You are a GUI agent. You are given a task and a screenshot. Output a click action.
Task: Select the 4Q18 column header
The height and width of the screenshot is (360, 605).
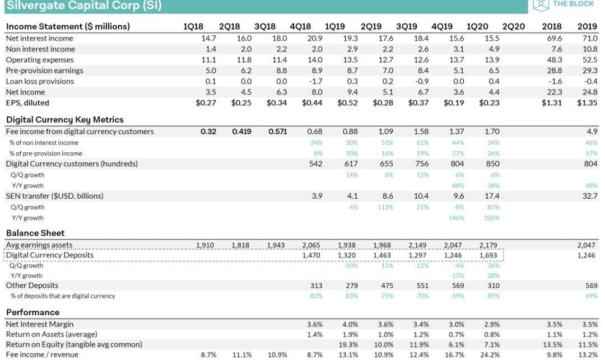coord(300,26)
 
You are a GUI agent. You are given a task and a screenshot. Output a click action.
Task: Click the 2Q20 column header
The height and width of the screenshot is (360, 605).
coord(513,26)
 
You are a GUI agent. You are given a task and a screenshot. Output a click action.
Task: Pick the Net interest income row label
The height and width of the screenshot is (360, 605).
coord(39,38)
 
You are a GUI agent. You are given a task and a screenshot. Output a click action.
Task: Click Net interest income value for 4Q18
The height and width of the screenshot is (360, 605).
coord(315,38)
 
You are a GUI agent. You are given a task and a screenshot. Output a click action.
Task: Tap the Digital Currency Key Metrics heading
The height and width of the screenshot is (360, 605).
coord(64,119)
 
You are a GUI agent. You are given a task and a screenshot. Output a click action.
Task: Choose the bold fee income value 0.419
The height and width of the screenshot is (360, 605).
coord(242,132)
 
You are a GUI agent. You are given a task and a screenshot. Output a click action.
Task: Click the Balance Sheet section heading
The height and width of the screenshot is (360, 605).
coord(35,233)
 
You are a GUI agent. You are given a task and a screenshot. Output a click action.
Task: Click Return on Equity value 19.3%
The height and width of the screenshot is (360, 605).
coord(349,344)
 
